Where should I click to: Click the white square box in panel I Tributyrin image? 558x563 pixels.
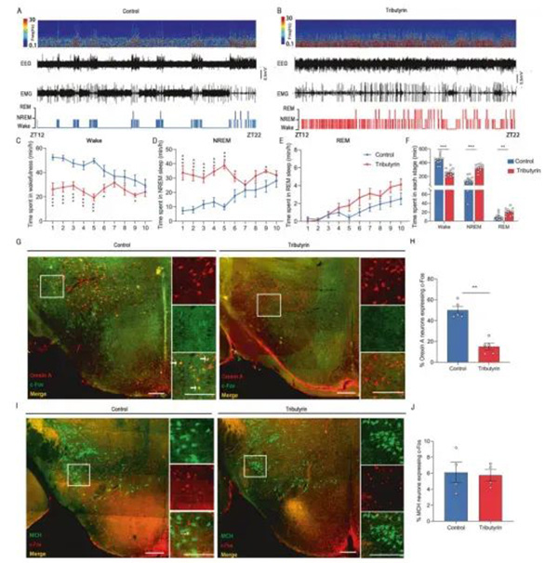[252, 465]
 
